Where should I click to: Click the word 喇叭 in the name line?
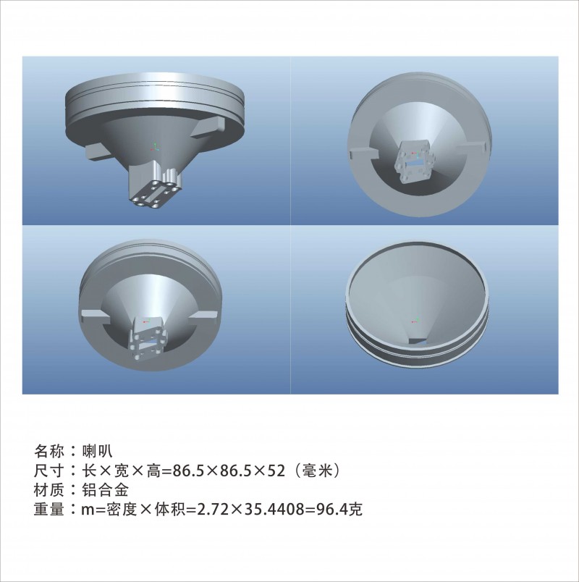(x=97, y=451)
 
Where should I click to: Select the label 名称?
(x=49, y=451)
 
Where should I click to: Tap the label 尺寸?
(x=49, y=471)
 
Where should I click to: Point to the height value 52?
(x=276, y=471)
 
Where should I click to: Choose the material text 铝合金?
(x=105, y=490)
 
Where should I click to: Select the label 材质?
(x=49, y=490)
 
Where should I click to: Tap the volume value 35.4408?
(x=273, y=510)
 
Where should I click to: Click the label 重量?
(x=49, y=510)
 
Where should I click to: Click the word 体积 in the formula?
(x=170, y=510)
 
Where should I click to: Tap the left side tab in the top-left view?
(x=97, y=153)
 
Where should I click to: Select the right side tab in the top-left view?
(x=209, y=127)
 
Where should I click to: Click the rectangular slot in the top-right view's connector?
(x=413, y=162)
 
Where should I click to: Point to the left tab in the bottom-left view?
(x=95, y=316)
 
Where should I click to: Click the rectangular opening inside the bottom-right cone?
(x=418, y=341)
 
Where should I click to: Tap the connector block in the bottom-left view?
(x=148, y=338)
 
